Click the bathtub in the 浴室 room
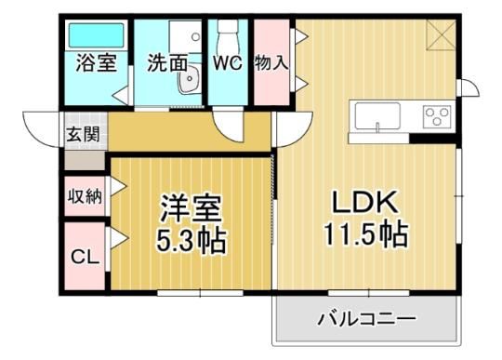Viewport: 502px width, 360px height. point(97,35)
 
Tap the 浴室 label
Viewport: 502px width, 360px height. point(97,62)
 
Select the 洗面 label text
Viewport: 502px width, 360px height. point(167,63)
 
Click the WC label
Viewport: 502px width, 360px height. point(228,63)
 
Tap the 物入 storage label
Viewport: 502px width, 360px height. point(271,62)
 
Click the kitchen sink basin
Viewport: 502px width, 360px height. point(377,116)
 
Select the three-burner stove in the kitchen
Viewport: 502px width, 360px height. point(437,116)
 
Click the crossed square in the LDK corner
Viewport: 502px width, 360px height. point(442,34)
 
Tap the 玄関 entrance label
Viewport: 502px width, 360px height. point(83,134)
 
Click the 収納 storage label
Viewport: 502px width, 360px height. point(85,196)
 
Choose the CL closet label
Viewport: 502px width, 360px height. point(85,257)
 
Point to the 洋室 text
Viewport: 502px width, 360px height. point(191,208)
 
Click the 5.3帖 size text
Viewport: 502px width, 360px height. point(191,240)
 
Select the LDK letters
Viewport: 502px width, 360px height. point(365,202)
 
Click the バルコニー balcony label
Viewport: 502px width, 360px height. point(367,319)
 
